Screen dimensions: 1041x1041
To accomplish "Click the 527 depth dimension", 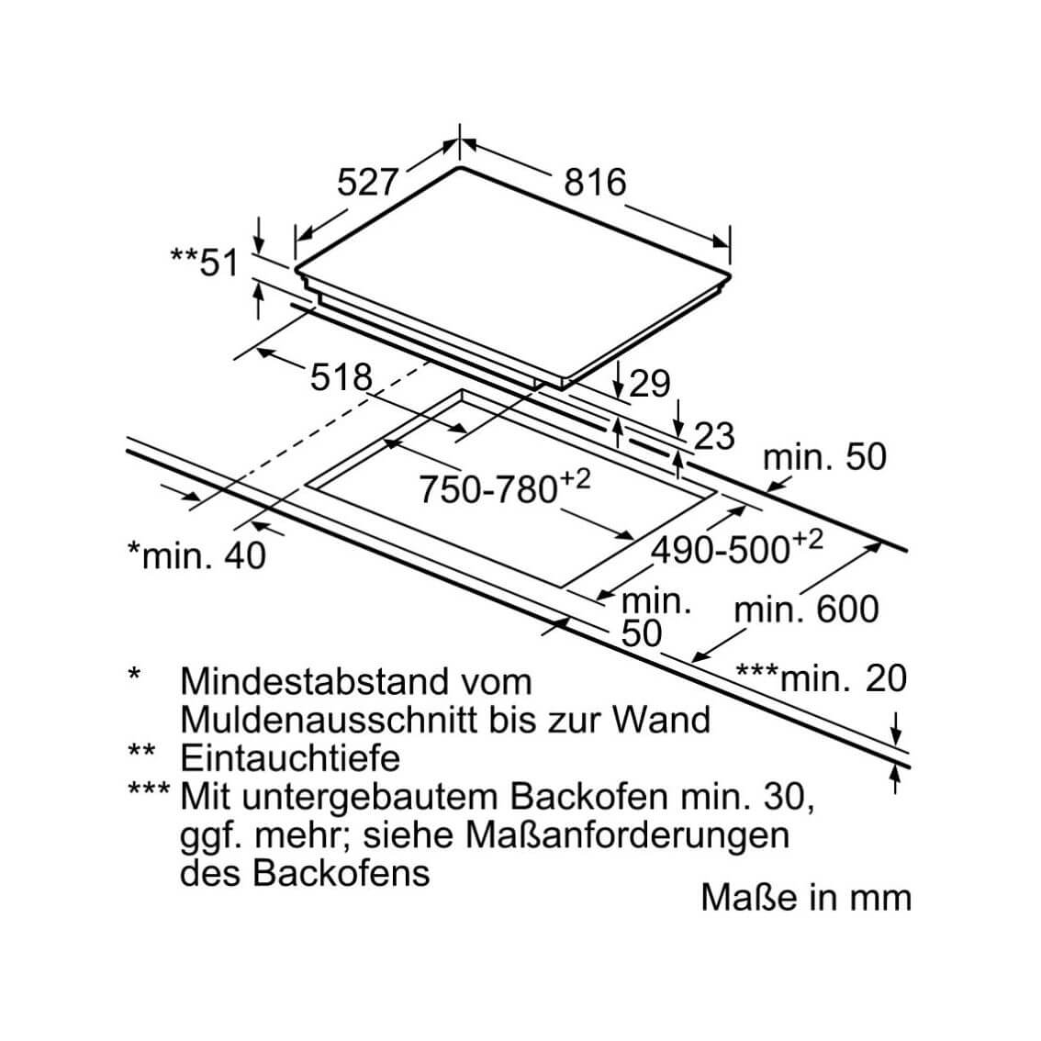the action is point(367,182).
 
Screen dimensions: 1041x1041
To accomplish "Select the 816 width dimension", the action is point(595,182).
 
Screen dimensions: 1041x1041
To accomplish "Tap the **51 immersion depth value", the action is point(205,261).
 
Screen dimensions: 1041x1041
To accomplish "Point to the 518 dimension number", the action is point(341,377).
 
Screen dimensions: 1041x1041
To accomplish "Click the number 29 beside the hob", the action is point(649,384).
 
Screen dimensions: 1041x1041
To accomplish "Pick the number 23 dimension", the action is point(714,436).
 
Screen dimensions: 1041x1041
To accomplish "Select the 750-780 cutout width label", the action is point(505,487).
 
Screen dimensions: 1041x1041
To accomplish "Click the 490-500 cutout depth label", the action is point(737,547).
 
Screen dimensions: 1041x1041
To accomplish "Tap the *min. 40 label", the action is point(196,555).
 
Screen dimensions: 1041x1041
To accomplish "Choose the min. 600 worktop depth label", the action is point(807,609).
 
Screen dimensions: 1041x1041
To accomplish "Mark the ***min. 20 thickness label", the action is point(822,677).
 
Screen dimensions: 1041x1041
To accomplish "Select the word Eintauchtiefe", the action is point(290,758).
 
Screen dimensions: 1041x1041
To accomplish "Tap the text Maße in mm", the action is point(806,898).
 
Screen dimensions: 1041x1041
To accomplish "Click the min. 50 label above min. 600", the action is point(824,457).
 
